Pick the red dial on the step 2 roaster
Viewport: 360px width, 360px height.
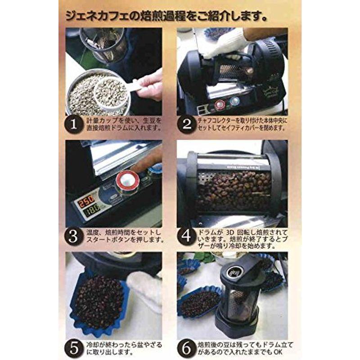220,104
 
